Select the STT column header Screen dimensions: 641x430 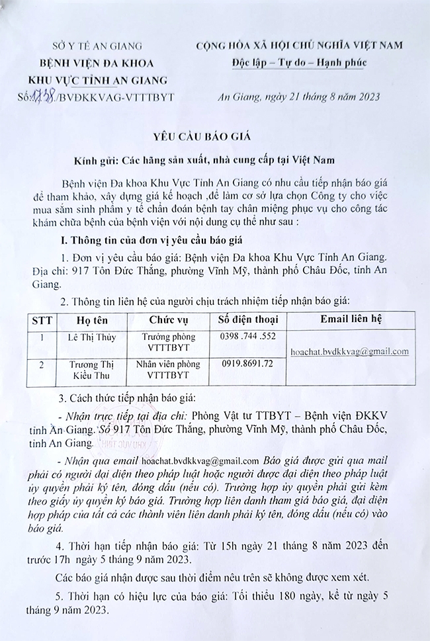(42, 320)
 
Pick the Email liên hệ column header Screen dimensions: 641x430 (351, 320)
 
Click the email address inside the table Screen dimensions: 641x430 (351, 351)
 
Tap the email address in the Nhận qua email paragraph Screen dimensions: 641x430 (204, 460)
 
